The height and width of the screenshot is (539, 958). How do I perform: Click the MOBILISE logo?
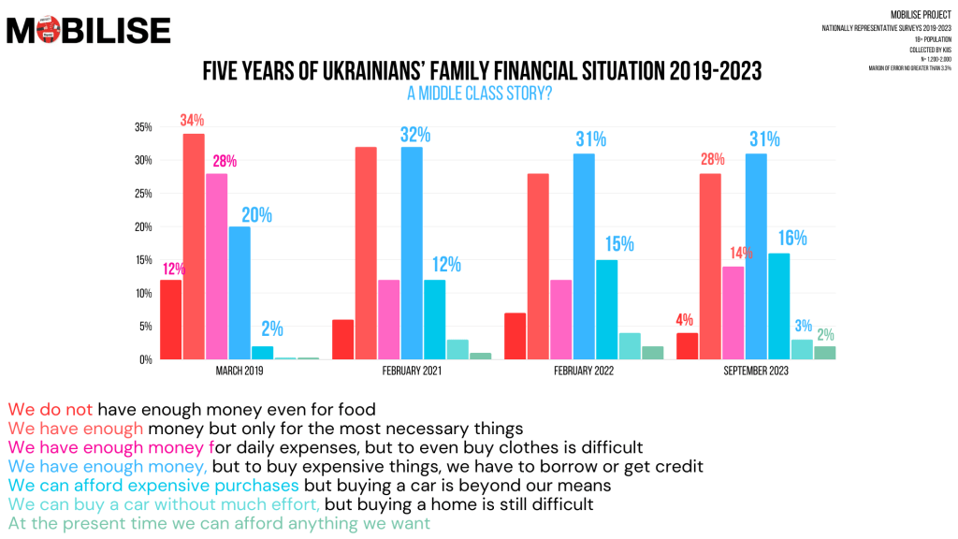88,30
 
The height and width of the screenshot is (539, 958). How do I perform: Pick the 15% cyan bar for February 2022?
606,310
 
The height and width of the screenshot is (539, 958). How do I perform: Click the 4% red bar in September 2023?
687,346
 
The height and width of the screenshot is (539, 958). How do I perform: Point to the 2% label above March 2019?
272,329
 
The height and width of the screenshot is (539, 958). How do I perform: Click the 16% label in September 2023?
792,238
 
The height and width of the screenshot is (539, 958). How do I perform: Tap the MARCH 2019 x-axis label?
239,371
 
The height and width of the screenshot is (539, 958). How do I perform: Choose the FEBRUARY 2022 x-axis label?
583,371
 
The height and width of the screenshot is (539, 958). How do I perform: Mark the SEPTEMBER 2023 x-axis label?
755,371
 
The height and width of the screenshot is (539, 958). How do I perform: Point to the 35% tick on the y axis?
143,127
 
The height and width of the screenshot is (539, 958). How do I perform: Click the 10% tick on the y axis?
143,294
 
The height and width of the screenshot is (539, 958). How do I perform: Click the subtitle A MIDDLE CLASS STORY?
478,93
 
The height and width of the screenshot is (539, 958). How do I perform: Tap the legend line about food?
192,409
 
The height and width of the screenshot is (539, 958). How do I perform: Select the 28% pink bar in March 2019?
216,267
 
